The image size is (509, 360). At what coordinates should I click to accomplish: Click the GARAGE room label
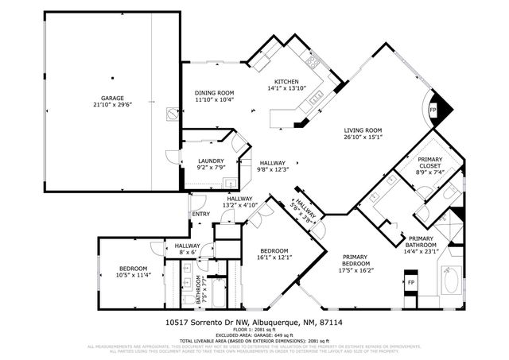112,98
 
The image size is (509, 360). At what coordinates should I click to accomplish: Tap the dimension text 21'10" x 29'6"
112,105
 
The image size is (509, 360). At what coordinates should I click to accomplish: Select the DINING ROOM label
214,93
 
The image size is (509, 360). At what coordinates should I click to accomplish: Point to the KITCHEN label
286,82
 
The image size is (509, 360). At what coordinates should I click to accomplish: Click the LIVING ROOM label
363,130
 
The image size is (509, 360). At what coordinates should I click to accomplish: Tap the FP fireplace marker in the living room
433,109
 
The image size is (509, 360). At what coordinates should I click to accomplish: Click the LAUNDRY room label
211,161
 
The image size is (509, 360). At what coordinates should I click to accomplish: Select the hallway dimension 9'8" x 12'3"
271,169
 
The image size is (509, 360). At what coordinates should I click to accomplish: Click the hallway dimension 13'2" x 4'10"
239,206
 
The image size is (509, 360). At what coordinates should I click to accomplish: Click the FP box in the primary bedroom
411,282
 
